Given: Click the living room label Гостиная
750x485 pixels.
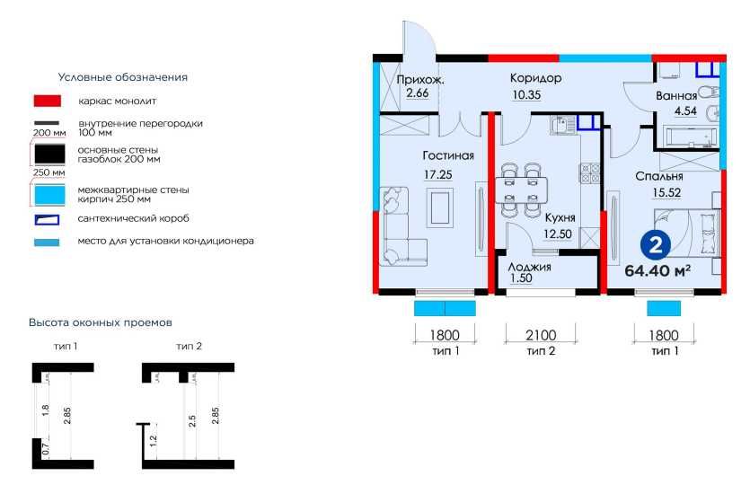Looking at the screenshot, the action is (x=448, y=155).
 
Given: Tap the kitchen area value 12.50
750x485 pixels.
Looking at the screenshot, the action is (x=557, y=234).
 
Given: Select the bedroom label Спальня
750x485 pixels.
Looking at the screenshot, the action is (x=659, y=177).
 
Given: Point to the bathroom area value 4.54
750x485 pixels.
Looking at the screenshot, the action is (x=685, y=111).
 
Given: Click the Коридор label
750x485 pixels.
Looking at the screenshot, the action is (x=535, y=78).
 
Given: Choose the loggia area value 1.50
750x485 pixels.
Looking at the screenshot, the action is (x=521, y=278).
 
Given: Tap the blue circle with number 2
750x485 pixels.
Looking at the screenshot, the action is (x=656, y=245).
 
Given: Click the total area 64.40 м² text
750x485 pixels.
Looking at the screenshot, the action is (x=657, y=270).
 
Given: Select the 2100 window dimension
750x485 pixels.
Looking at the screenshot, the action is (x=541, y=335).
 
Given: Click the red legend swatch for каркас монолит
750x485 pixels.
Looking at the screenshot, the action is (x=48, y=101).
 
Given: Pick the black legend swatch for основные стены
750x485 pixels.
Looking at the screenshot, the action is (x=49, y=154).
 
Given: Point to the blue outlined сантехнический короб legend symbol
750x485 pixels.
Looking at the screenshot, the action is (x=47, y=219).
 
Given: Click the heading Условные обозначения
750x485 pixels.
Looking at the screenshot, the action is (x=123, y=77).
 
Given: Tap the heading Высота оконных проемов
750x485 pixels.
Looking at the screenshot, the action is (x=101, y=322).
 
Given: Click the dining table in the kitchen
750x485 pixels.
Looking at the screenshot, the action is (x=521, y=190).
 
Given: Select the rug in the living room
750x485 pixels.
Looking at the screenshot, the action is (x=441, y=207).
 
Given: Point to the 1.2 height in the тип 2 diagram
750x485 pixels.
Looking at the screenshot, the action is (x=154, y=440).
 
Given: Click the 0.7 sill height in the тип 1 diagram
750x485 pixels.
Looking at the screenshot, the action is (x=46, y=450).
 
